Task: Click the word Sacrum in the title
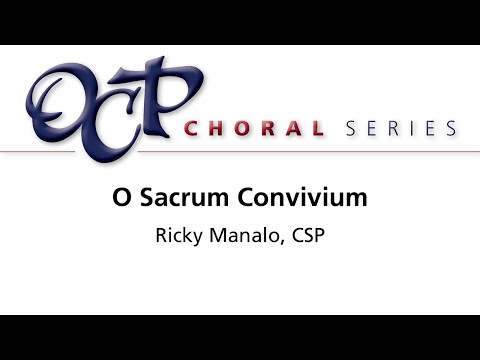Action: (178, 198)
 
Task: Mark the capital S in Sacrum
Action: (146, 198)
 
